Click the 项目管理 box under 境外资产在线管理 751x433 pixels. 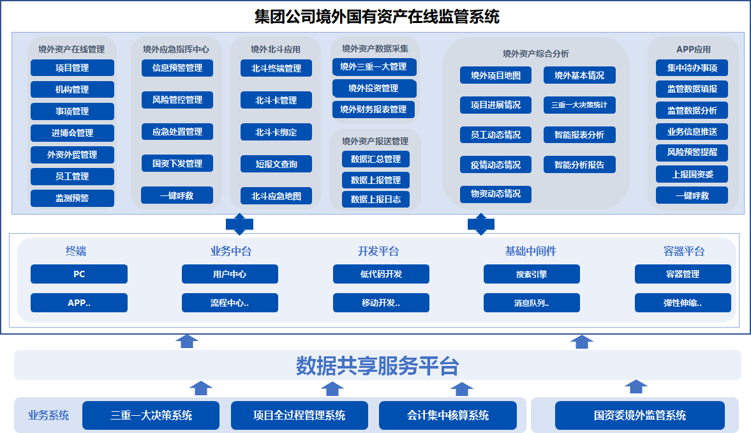point(72,68)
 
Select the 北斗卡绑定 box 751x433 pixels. point(276,132)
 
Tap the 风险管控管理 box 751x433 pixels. point(177,100)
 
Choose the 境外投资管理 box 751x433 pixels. point(374,88)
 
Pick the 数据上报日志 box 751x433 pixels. point(375,199)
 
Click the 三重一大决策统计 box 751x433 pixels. point(579,105)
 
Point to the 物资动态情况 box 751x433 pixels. point(496,194)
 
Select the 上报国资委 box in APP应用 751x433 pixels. point(692,174)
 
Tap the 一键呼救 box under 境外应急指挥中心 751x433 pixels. point(177,195)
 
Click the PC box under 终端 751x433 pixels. point(79,274)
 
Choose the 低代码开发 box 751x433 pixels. point(382,274)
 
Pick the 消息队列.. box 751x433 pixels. point(532,303)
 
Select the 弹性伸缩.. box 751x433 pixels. point(683,303)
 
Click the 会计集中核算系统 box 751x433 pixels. point(448,415)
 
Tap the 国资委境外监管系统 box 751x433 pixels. point(640,415)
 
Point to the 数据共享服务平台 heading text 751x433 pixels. point(378,366)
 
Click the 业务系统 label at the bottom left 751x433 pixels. point(48,415)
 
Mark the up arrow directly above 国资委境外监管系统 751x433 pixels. point(636,386)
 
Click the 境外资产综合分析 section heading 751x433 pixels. point(536,54)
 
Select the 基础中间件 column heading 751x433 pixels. point(531,251)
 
